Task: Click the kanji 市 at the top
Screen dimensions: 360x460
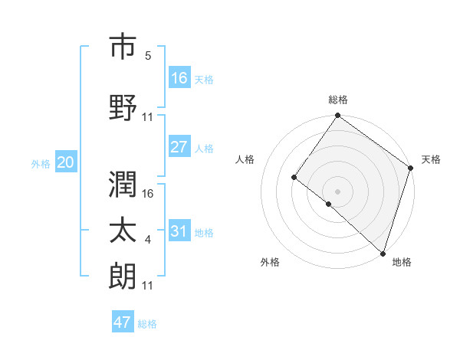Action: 123,47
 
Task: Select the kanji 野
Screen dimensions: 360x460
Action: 123,107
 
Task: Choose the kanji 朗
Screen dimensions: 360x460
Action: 123,276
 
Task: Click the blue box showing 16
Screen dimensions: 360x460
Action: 179,78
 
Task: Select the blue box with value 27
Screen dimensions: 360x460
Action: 179,147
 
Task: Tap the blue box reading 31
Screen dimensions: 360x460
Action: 179,231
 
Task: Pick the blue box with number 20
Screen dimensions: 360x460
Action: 65,162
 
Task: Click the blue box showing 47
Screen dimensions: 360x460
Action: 123,322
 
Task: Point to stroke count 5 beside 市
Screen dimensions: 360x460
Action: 148,56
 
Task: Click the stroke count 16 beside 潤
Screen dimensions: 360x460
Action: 149,195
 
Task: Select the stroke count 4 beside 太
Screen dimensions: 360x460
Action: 148,241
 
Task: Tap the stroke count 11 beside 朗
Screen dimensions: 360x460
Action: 149,286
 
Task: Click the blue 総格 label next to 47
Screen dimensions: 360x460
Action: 147,324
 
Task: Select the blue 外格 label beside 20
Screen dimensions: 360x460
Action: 41,164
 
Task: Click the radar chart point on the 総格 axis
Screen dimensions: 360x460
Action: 337,116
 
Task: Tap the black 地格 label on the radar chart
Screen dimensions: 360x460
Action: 402,263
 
